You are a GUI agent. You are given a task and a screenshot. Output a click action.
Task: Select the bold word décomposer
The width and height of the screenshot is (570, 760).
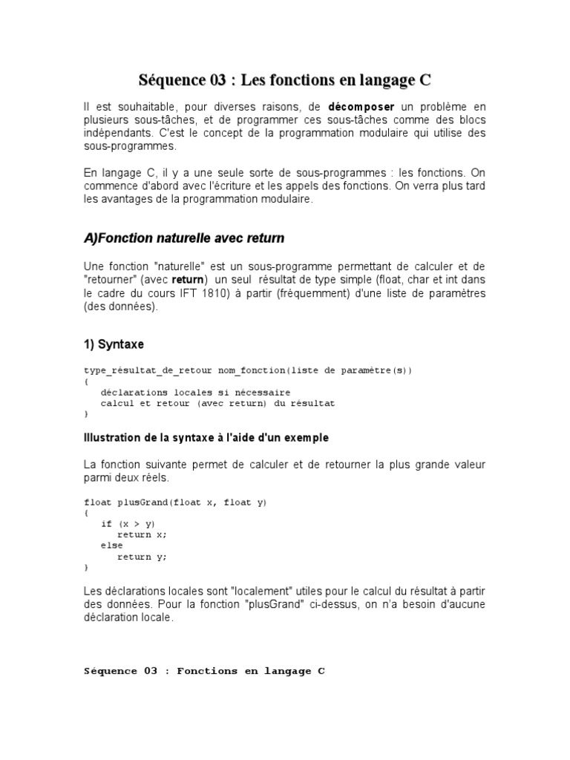[x=361, y=107]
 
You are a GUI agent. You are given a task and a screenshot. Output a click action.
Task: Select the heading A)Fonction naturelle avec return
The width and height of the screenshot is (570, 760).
[x=184, y=238]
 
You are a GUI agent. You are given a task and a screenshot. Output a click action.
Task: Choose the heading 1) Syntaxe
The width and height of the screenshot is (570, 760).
[x=114, y=344]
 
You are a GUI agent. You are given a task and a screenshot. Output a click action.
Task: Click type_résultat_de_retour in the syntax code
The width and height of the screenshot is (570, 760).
[x=148, y=370]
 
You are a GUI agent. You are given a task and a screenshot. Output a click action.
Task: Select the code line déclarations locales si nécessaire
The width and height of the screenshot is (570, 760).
[x=196, y=392]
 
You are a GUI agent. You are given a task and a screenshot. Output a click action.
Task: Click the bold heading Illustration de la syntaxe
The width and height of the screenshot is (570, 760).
[x=206, y=438]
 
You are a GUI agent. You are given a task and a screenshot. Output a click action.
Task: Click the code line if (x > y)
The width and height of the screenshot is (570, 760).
[x=128, y=524]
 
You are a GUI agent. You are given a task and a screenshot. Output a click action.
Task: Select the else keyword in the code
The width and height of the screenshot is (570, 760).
[x=112, y=546]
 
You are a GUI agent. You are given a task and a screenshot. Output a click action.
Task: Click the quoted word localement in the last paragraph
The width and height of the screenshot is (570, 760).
[x=263, y=590]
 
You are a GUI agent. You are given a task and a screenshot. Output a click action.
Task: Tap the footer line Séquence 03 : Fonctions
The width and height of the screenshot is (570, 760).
[x=204, y=671]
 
